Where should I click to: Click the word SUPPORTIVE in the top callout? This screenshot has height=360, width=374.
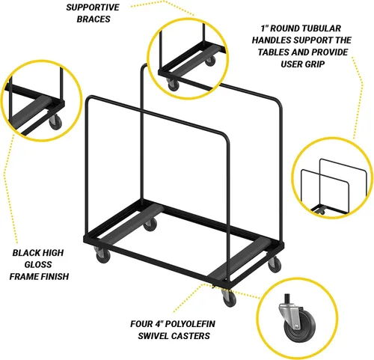[93, 7]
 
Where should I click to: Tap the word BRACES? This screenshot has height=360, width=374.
[93, 19]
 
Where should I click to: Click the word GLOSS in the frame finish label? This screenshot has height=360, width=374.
[38, 264]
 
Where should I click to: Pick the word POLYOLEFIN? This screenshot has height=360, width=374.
[190, 324]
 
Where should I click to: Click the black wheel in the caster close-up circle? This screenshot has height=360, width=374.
[300, 324]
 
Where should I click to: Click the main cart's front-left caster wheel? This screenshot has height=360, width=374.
[102, 257]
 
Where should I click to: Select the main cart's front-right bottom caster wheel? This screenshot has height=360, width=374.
[230, 299]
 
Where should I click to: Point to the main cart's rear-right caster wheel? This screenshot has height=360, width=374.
[275, 265]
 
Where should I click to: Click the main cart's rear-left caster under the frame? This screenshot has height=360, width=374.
[150, 224]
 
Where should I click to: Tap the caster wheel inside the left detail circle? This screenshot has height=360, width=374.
[55, 122]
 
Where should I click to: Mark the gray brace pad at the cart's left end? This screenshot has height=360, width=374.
[132, 221]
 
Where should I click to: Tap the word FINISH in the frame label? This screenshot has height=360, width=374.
[55, 276]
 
